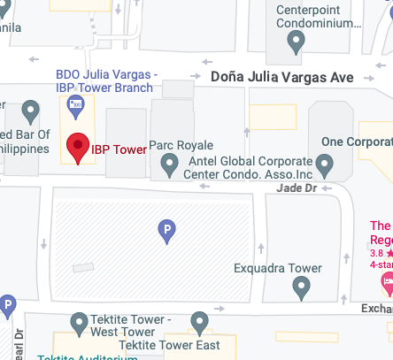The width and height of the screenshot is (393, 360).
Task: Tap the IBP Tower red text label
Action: coord(119,149)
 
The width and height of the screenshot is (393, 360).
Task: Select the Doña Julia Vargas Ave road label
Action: coord(282,78)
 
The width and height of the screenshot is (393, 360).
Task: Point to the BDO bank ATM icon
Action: coord(77,108)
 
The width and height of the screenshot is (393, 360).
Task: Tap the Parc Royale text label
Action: coord(181,145)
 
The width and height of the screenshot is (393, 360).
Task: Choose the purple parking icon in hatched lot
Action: coord(166,232)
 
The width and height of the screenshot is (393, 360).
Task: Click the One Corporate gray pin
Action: coord(325,164)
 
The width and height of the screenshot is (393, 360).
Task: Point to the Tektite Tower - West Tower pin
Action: coord(80,322)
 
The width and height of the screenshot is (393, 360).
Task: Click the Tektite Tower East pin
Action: coord(199,322)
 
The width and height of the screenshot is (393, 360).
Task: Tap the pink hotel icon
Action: coord(387,283)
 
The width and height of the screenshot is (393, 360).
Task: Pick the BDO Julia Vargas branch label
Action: coord(104,80)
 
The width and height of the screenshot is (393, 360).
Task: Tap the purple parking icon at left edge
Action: coord(8,307)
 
